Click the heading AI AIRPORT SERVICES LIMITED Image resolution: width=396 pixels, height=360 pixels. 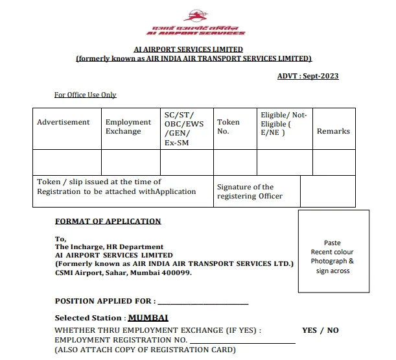(188, 49)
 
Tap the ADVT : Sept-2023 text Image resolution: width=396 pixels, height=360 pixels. (307, 77)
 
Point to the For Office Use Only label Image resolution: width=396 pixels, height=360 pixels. (85, 95)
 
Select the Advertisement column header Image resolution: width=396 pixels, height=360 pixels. (64, 122)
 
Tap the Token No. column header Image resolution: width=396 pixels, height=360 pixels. (228, 126)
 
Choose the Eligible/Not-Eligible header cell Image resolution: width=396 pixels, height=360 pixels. (283, 123)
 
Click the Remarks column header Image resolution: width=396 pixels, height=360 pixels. (333, 131)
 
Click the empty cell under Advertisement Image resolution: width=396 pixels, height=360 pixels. (67, 162)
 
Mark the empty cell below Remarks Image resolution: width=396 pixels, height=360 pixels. (333, 162)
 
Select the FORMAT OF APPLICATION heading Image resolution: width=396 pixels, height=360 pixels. (108, 221)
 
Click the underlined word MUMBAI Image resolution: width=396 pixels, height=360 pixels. (148, 318)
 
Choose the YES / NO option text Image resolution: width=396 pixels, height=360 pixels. (320, 330)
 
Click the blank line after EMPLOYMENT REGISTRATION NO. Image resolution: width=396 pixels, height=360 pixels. (242, 340)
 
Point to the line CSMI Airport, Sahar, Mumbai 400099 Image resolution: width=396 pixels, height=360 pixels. (123, 272)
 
